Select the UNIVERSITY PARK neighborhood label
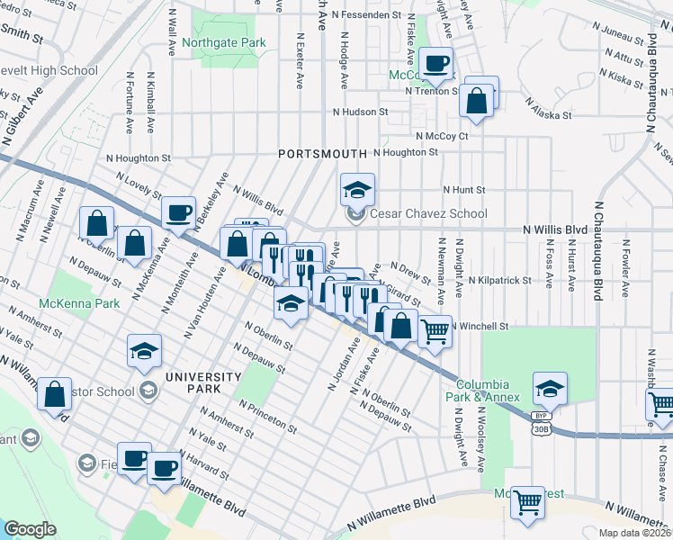pos(198,383)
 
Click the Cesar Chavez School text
pos(428,213)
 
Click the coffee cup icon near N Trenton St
pos(436,64)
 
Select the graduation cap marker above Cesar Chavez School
pos(357,190)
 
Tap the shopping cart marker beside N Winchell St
pos(435,331)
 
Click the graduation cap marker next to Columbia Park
pos(550,388)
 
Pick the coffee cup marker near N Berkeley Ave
pos(177,212)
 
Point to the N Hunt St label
pos(463,190)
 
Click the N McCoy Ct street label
pos(442,136)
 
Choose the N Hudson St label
pos(359,112)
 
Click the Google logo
pos(31,529)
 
